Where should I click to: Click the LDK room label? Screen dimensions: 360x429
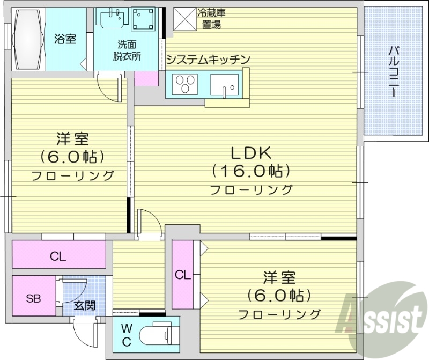point(251,153)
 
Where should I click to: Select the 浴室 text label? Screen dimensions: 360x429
point(65,39)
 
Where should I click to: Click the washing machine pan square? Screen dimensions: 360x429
point(144,20)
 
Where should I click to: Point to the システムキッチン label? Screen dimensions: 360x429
point(208,60)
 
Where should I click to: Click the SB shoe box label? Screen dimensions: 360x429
point(33,298)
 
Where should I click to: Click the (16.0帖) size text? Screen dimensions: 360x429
point(251,171)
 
